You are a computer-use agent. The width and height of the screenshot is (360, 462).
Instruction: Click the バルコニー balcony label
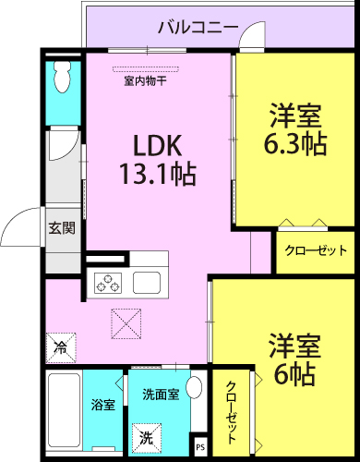tap(198, 28)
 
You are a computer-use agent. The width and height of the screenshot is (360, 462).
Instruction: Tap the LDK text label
tap(157, 145)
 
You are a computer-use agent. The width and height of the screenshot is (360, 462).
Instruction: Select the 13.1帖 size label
tap(158, 174)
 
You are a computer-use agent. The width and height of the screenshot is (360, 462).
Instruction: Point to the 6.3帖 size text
tap(295, 143)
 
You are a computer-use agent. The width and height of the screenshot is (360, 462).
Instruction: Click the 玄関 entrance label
tap(62, 228)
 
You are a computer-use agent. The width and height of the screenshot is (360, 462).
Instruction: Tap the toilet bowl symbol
tap(63, 77)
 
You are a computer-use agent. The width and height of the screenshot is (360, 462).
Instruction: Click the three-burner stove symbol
tap(108, 283)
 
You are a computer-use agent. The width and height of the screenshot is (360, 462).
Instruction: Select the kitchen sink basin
tap(147, 283)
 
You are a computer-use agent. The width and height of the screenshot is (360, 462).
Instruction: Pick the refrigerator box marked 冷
tap(61, 348)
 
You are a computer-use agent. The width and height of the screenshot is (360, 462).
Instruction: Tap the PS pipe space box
tap(200, 446)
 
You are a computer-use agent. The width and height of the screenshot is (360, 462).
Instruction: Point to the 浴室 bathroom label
tap(103, 405)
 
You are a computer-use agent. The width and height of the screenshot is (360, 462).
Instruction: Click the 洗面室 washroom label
tap(161, 395)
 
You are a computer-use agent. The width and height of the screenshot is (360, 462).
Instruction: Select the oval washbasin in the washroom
tap(195, 386)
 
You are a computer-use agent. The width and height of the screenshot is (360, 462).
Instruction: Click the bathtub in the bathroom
tap(64, 412)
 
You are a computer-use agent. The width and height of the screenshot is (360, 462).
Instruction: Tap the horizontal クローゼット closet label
tap(316, 250)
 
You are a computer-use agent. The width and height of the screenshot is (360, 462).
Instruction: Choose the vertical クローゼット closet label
tap(231, 412)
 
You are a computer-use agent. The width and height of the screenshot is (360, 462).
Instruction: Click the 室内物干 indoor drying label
tap(145, 81)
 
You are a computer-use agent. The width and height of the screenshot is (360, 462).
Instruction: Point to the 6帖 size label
tap(294, 374)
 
